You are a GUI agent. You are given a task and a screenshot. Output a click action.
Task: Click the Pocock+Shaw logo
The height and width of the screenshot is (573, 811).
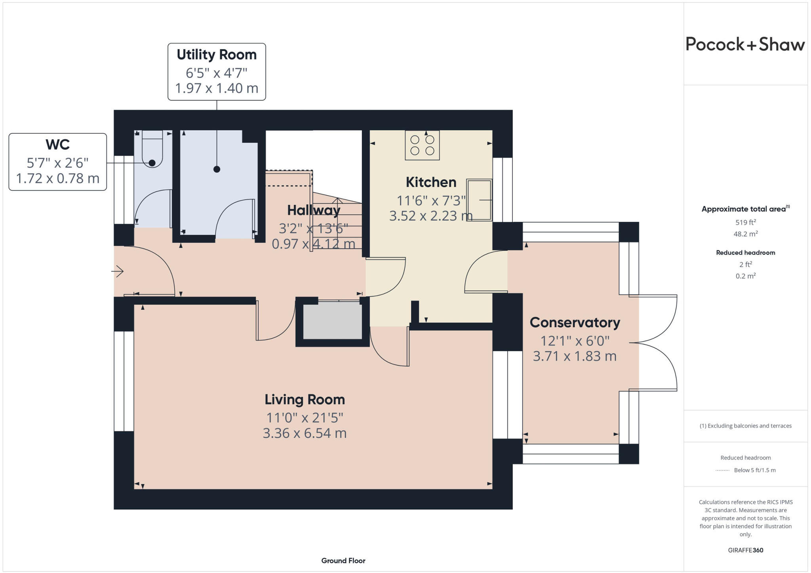(745, 44)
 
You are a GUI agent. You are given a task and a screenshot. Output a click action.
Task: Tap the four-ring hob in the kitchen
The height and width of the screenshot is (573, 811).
(422, 145)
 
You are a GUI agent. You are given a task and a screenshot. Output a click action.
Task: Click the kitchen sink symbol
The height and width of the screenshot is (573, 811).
(479, 200)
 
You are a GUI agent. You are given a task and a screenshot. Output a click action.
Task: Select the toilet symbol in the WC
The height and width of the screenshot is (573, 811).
(152, 150)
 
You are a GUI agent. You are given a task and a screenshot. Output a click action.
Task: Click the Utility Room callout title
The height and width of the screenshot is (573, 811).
(217, 55)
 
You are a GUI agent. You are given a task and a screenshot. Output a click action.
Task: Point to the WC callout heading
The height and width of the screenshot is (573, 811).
(58, 145)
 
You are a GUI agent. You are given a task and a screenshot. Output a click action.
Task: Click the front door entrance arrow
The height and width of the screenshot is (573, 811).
(118, 271)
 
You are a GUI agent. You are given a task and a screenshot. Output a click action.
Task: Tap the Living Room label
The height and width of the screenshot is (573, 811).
(305, 400)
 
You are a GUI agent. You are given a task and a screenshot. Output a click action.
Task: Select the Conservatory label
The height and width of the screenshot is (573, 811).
(575, 322)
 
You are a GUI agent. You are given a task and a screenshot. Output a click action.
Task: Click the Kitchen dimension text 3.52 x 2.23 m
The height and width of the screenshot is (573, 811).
(431, 216)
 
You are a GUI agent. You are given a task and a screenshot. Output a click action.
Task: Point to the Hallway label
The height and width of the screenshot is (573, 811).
(313, 210)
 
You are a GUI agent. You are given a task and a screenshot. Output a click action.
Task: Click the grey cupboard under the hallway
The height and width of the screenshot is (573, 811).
(332, 320)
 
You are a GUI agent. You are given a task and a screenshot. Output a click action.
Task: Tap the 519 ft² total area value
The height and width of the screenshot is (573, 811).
(745, 223)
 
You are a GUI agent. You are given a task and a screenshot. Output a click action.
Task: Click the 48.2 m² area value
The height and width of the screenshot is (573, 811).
(745, 234)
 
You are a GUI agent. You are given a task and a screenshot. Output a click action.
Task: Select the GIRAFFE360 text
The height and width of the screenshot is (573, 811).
(745, 550)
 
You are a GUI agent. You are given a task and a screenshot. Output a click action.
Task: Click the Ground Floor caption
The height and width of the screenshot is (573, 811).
(343, 561)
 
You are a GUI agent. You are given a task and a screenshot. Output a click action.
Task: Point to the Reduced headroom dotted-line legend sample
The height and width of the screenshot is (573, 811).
(722, 470)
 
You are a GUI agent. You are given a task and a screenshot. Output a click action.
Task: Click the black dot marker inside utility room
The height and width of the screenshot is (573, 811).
(217, 169)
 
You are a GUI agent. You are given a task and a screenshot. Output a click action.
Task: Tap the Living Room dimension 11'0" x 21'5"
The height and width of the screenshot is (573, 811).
(305, 418)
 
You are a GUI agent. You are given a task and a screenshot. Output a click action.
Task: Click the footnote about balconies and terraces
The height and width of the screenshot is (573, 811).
(745, 426)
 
